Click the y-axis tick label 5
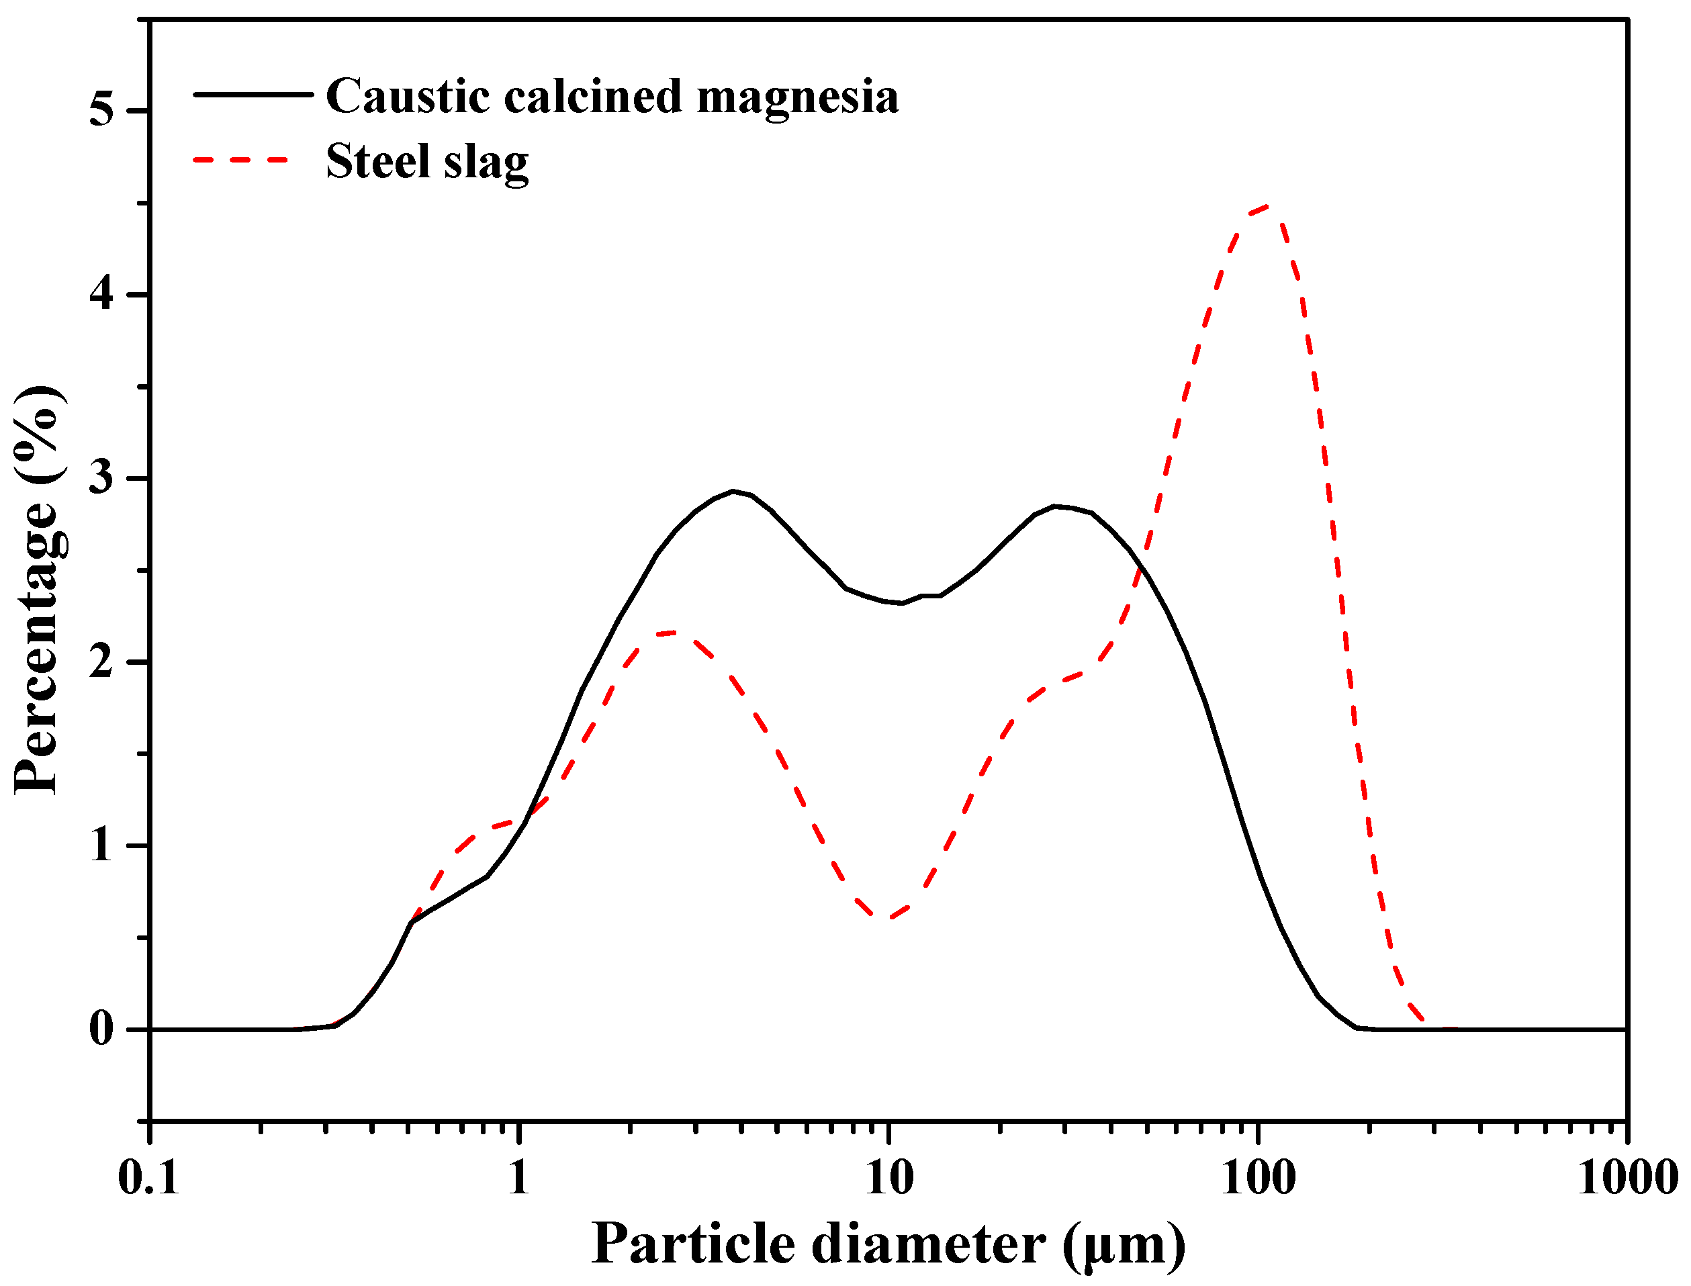[101, 111]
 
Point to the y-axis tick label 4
[101, 295]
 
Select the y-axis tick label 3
[101, 478]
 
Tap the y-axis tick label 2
[101, 662]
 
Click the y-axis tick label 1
[101, 846]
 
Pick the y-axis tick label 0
[101, 1029]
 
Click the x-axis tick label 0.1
[148, 1177]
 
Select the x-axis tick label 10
[888, 1177]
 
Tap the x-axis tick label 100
[1258, 1177]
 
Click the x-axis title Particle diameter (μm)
[888, 1244]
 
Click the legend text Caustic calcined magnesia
[612, 97]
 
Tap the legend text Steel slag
[427, 162]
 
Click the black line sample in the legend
[253, 94]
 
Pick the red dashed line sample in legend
[241, 160]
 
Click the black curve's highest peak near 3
[733, 491]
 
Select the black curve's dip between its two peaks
[902, 603]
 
